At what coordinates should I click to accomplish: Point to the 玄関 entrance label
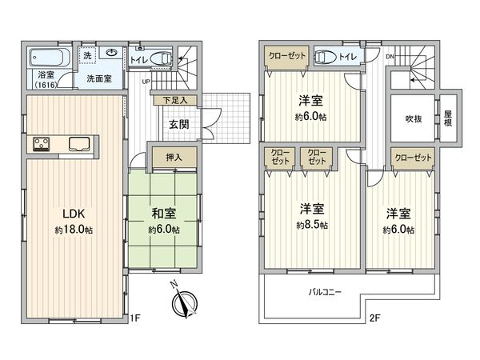point(179,125)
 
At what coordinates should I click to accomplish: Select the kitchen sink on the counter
point(80,145)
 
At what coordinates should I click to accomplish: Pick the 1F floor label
point(135,318)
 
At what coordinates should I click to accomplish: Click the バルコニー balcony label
point(326,293)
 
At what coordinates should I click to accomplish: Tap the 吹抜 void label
point(413,118)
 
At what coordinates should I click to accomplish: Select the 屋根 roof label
point(448,119)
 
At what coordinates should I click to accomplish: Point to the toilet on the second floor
point(326,57)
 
